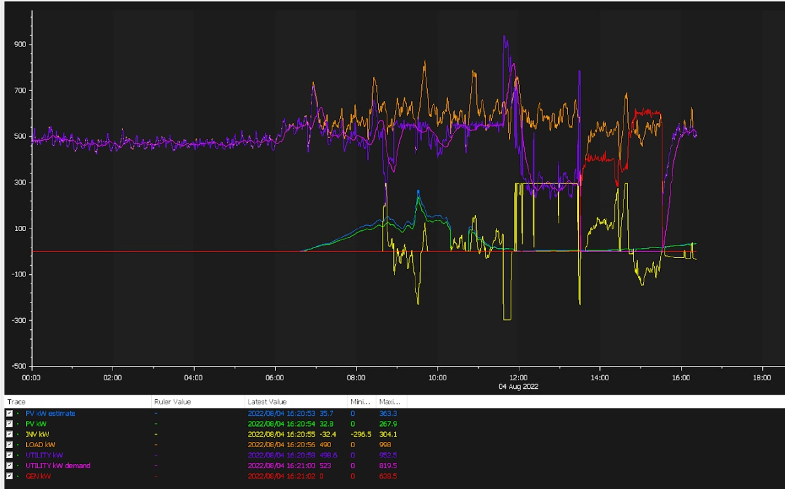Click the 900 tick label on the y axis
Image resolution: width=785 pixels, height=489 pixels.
[x=20, y=45]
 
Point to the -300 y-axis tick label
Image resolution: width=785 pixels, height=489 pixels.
[x=18, y=320]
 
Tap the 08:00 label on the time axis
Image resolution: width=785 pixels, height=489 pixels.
[x=357, y=378]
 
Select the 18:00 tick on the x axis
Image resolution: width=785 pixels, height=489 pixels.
[x=762, y=378]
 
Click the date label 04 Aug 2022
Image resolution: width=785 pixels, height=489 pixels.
[x=519, y=386]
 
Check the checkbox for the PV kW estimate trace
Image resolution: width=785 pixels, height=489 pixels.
[x=9, y=414]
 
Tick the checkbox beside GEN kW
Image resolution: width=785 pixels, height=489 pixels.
[x=9, y=476]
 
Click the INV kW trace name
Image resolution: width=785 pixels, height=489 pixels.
[x=37, y=434]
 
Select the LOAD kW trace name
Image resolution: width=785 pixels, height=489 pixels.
[x=40, y=444]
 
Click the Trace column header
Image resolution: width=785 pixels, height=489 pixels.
[x=16, y=401]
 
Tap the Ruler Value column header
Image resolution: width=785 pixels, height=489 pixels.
[x=172, y=401]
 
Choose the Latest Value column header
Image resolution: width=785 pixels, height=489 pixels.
[x=266, y=401]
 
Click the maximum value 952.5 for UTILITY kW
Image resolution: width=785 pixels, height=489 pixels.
[x=388, y=455]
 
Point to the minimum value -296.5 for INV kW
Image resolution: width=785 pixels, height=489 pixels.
[x=361, y=434]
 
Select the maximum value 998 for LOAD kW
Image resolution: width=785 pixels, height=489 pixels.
[x=385, y=444]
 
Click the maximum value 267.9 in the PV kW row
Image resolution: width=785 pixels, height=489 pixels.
[x=388, y=424]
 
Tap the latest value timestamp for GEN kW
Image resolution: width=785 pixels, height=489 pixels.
[x=281, y=476]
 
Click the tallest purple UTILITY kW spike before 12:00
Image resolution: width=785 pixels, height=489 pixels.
[x=504, y=37]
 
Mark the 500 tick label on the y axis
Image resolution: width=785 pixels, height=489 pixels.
[x=20, y=136]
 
